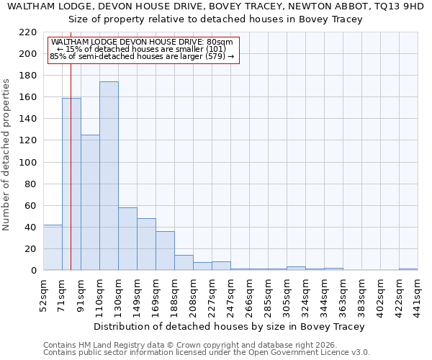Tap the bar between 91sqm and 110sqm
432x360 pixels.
[90, 202]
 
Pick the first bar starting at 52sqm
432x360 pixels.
[53, 248]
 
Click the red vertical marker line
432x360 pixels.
[71, 144]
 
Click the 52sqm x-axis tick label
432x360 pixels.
[43, 294]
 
